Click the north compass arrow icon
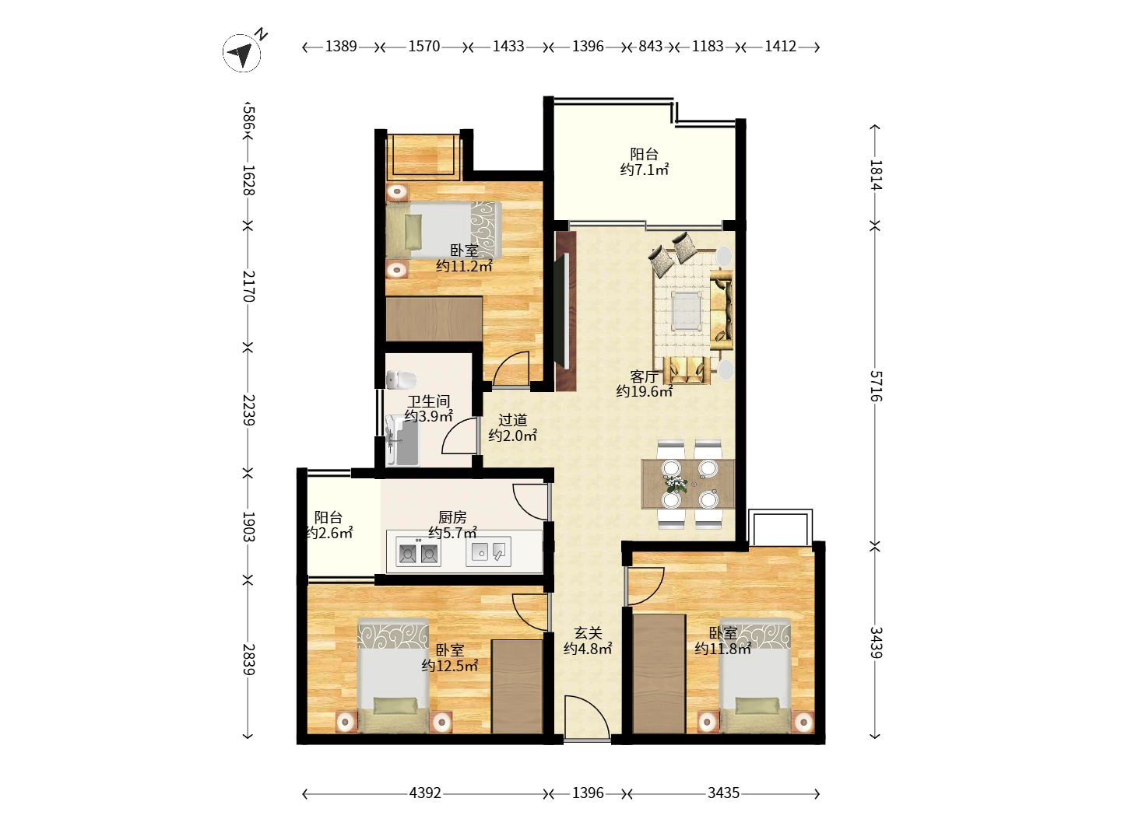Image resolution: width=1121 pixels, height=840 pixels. click(x=241, y=53)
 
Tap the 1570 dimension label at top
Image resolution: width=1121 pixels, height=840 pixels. click(x=424, y=47)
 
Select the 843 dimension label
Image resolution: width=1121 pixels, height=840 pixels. click(x=650, y=47)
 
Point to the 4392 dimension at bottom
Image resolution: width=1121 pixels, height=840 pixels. click(x=425, y=793)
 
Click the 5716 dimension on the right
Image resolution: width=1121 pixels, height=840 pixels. click(x=876, y=386)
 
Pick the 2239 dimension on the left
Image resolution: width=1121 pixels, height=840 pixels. click(x=248, y=410)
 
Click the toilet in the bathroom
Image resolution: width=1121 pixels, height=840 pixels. click(x=402, y=380)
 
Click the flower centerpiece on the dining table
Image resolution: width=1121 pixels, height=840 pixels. click(x=676, y=483)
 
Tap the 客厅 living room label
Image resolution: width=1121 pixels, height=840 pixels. click(x=644, y=377)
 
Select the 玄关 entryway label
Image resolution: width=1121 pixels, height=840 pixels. click(x=588, y=633)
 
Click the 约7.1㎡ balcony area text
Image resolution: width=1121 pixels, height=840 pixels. click(x=644, y=170)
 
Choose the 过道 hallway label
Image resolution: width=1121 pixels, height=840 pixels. click(x=512, y=420)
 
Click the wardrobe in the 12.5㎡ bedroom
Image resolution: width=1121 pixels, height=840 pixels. click(x=516, y=687)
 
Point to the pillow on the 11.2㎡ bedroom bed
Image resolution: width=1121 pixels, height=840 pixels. click(x=413, y=231)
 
